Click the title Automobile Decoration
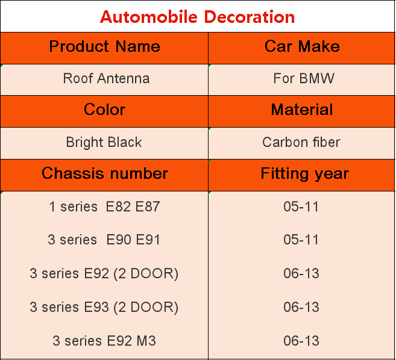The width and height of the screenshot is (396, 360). [x=197, y=17]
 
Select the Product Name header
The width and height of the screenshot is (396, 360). [x=104, y=46]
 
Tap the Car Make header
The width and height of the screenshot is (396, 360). [x=302, y=46]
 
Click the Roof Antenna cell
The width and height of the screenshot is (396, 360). [x=106, y=78]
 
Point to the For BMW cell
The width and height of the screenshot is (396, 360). [x=304, y=78]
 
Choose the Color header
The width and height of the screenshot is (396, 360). [x=104, y=110]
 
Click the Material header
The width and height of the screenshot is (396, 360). [x=302, y=110]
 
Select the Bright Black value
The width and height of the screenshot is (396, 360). [x=104, y=142]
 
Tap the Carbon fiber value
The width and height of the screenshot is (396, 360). [x=301, y=142]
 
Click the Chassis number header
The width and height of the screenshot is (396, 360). [x=105, y=173]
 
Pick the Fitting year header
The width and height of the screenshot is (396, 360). [x=304, y=174]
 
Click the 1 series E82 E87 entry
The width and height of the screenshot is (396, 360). [x=104, y=206]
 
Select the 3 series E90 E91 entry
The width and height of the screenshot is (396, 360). [x=104, y=240]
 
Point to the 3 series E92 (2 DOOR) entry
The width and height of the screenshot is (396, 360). [x=104, y=273]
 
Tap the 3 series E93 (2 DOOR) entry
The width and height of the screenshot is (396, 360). [x=104, y=307]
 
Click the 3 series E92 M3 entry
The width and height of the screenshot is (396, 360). [x=104, y=341]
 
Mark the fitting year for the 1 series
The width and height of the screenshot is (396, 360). [x=301, y=206]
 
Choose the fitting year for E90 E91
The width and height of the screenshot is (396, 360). [x=301, y=240]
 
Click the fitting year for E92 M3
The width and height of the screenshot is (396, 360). [x=301, y=341]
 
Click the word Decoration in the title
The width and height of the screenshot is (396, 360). [x=250, y=17]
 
